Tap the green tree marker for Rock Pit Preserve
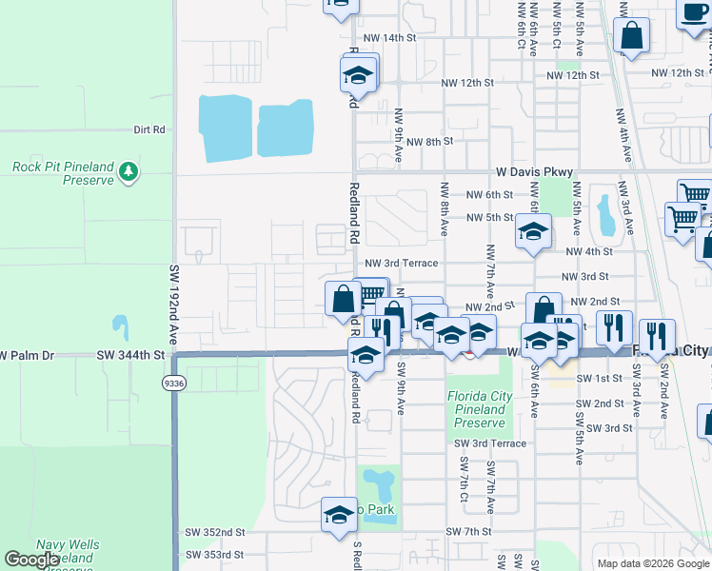[x=129, y=172]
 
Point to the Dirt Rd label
[x=149, y=129]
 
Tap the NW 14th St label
[x=389, y=38]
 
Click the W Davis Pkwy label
[x=535, y=172]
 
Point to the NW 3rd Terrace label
[x=401, y=263]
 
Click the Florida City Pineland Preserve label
[x=479, y=409]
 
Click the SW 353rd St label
[x=215, y=554]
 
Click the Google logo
[x=31, y=560]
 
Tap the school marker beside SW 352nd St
[x=339, y=515]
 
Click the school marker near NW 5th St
[x=534, y=231]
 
